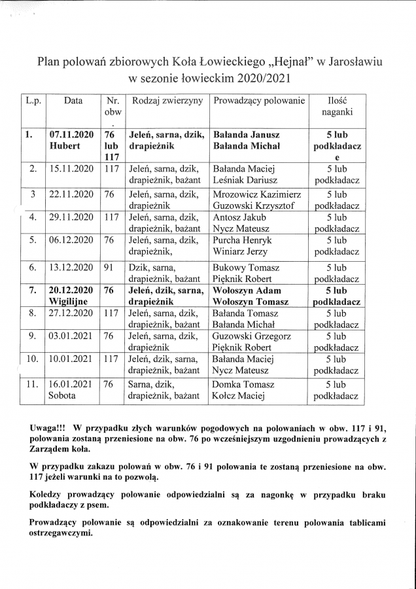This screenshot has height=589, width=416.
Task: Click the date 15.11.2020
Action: (70, 169)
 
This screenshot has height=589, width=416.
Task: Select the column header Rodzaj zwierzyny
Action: (167, 101)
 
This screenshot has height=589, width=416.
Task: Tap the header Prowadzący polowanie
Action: (259, 101)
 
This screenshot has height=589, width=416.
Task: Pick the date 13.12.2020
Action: (70, 268)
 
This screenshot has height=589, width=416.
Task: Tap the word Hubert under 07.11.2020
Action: (65, 146)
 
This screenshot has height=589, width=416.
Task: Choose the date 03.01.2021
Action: (70, 336)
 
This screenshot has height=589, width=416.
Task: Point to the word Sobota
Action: (62, 396)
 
